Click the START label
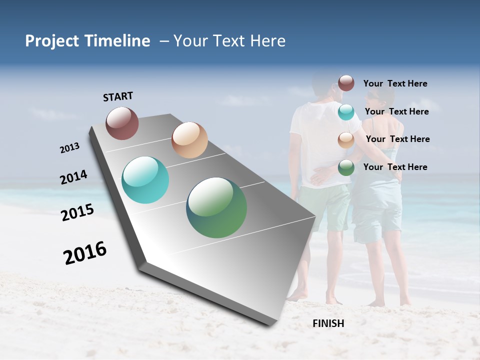tap(118, 96)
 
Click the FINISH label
tap(328, 323)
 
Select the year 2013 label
tap(69, 148)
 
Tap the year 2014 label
tap(73, 177)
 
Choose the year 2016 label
tap(85, 252)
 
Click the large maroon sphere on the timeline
tap(122, 123)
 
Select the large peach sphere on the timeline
tap(189, 140)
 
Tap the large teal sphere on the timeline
tap(145, 180)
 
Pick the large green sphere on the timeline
tap(216, 207)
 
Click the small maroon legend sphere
tap(346, 83)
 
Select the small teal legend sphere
tap(346, 112)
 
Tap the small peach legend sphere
tap(346, 140)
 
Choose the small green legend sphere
tap(346, 167)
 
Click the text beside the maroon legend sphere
tap(395, 83)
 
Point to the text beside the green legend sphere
tap(395, 167)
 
